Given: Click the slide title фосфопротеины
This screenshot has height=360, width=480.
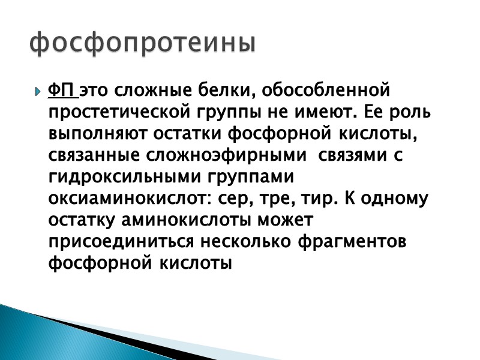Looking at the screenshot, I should [x=143, y=44].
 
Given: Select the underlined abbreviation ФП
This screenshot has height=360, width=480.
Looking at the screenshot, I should [x=62, y=91].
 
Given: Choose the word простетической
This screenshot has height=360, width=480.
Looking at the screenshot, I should [x=116, y=112].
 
